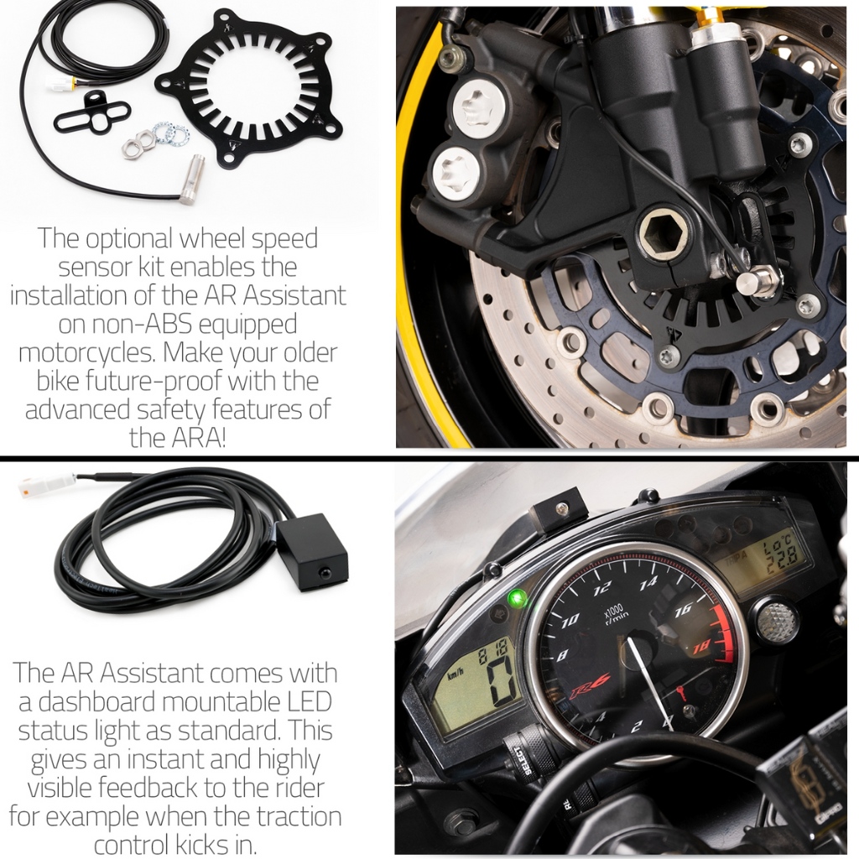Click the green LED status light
coord(516,598)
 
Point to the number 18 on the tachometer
coord(702,648)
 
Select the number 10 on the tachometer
coord(570,620)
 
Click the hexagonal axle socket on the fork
coord(661,232)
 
